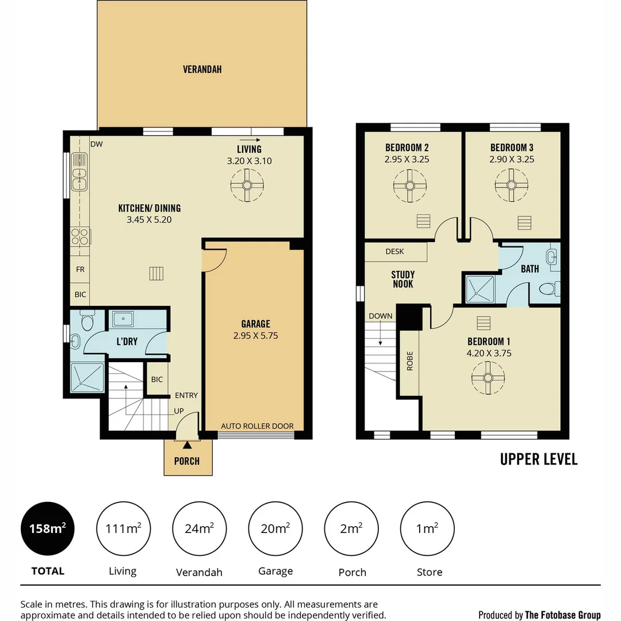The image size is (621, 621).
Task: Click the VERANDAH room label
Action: click(202, 70)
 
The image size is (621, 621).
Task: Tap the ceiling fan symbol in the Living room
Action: click(247, 185)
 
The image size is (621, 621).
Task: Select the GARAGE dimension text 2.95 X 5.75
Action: click(255, 335)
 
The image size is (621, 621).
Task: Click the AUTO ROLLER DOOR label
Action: click(257, 426)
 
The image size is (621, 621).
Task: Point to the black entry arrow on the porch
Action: click(186, 444)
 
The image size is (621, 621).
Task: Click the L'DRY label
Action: click(126, 341)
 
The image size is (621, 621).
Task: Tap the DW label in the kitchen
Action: click(96, 144)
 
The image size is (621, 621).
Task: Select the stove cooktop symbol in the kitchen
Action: click(80, 236)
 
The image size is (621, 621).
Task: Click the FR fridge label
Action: click(80, 269)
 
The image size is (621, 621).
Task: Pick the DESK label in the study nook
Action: click(394, 251)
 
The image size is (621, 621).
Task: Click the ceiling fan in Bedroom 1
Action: click(488, 378)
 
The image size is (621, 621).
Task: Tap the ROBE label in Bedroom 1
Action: click(410, 361)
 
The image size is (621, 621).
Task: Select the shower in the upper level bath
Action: click(480, 289)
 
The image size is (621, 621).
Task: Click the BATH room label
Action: click(530, 269)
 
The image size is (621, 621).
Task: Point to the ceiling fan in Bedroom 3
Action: click(511, 185)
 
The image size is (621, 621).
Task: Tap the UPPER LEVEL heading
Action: click(538, 459)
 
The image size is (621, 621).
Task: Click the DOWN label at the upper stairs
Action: click(381, 316)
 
